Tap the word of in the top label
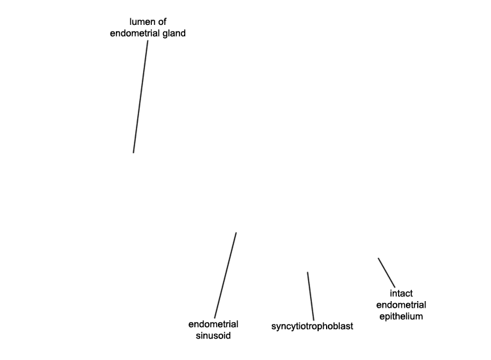[x=162, y=22]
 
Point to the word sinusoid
[x=213, y=336]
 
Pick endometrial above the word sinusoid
[x=213, y=324]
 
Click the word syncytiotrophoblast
[x=312, y=326]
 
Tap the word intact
[x=401, y=293]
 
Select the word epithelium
[x=401, y=316]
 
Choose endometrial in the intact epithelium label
[x=401, y=305]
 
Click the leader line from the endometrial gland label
[x=141, y=97]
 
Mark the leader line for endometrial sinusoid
[x=225, y=275]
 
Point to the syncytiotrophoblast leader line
[x=310, y=297]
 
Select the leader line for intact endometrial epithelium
[x=386, y=273]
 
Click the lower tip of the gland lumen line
[x=134, y=153]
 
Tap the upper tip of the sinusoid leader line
[x=236, y=232]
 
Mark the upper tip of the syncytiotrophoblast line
[x=308, y=272]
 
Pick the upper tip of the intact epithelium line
[x=378, y=259]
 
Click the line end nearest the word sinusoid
[x=215, y=318]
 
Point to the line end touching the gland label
[x=148, y=41]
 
